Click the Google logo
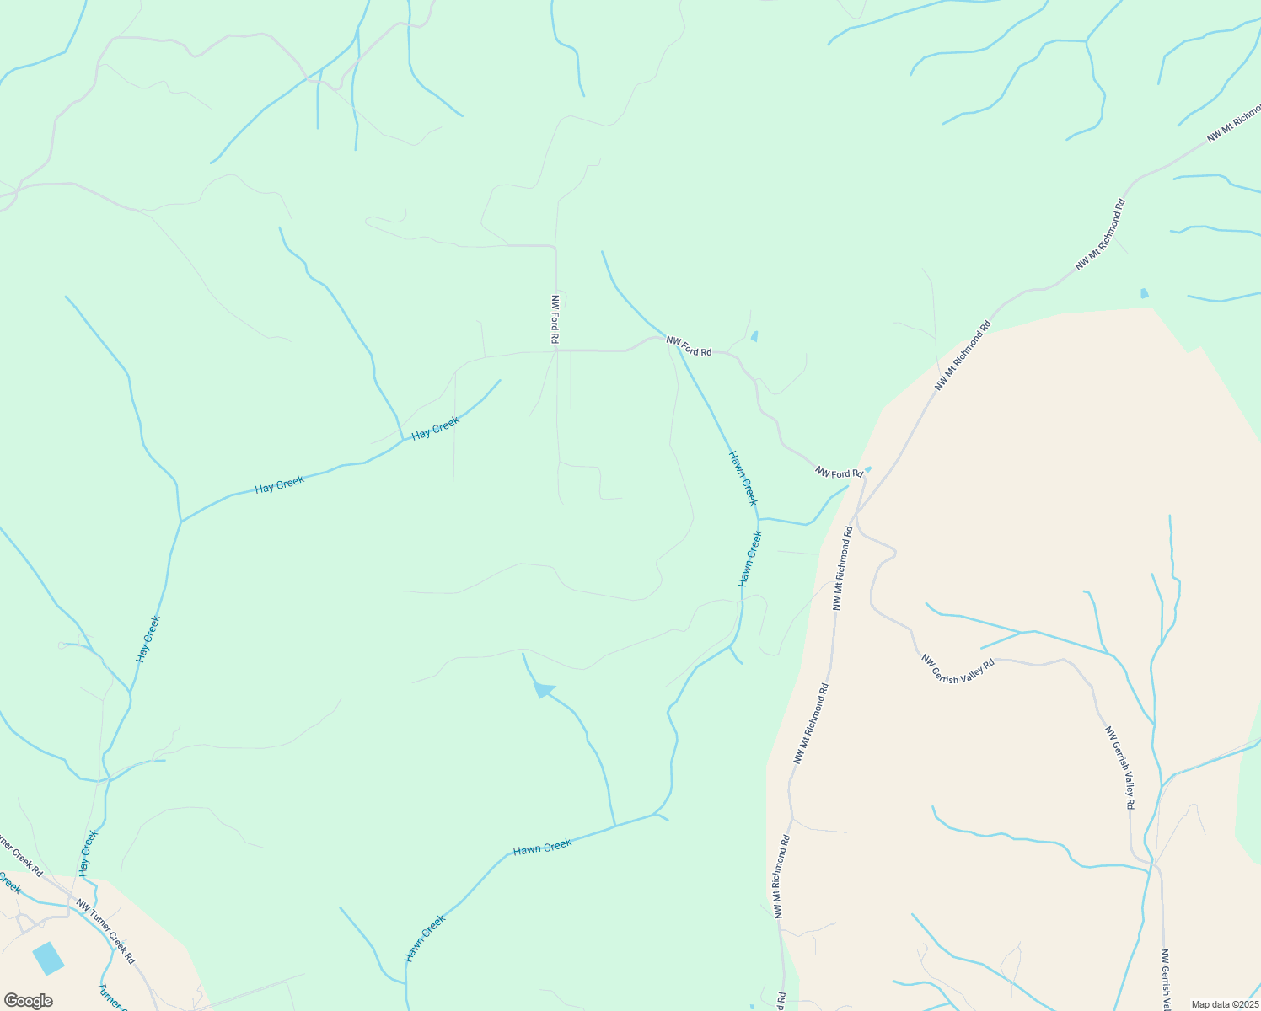coord(28,1001)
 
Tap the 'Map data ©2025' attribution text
coord(1224,1004)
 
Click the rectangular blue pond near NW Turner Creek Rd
coord(48,959)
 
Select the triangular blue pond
coord(544,690)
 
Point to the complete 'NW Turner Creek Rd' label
coord(105,933)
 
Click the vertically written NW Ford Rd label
coord(555,319)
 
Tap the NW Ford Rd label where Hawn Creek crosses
coord(689,346)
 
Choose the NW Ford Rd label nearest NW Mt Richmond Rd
coord(839,473)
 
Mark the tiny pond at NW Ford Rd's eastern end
coord(868,469)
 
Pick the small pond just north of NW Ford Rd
coord(754,336)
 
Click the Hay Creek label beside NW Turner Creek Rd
coord(89,853)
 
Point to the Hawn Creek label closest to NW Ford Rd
coord(743,478)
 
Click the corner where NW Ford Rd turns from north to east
coord(555,350)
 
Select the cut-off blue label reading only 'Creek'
coord(10,883)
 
